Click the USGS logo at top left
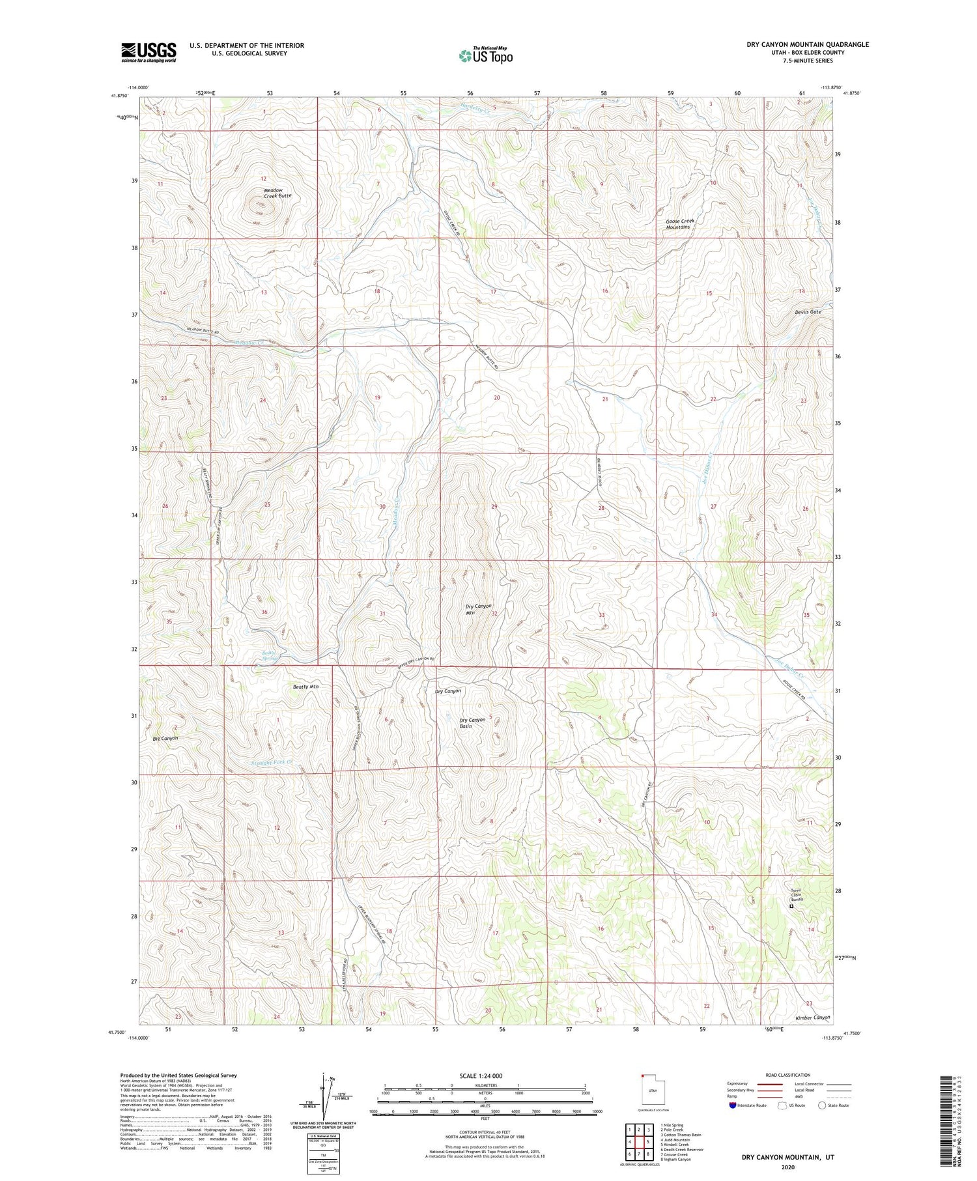click(x=149, y=52)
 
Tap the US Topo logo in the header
click(x=485, y=55)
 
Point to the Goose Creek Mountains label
click(x=681, y=224)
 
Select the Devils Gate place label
click(x=808, y=312)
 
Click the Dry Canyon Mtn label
click(x=479, y=610)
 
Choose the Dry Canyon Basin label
click(x=473, y=723)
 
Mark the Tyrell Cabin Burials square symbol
click(x=792, y=906)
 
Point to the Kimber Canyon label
click(x=813, y=1017)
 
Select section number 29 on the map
click(x=494, y=506)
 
